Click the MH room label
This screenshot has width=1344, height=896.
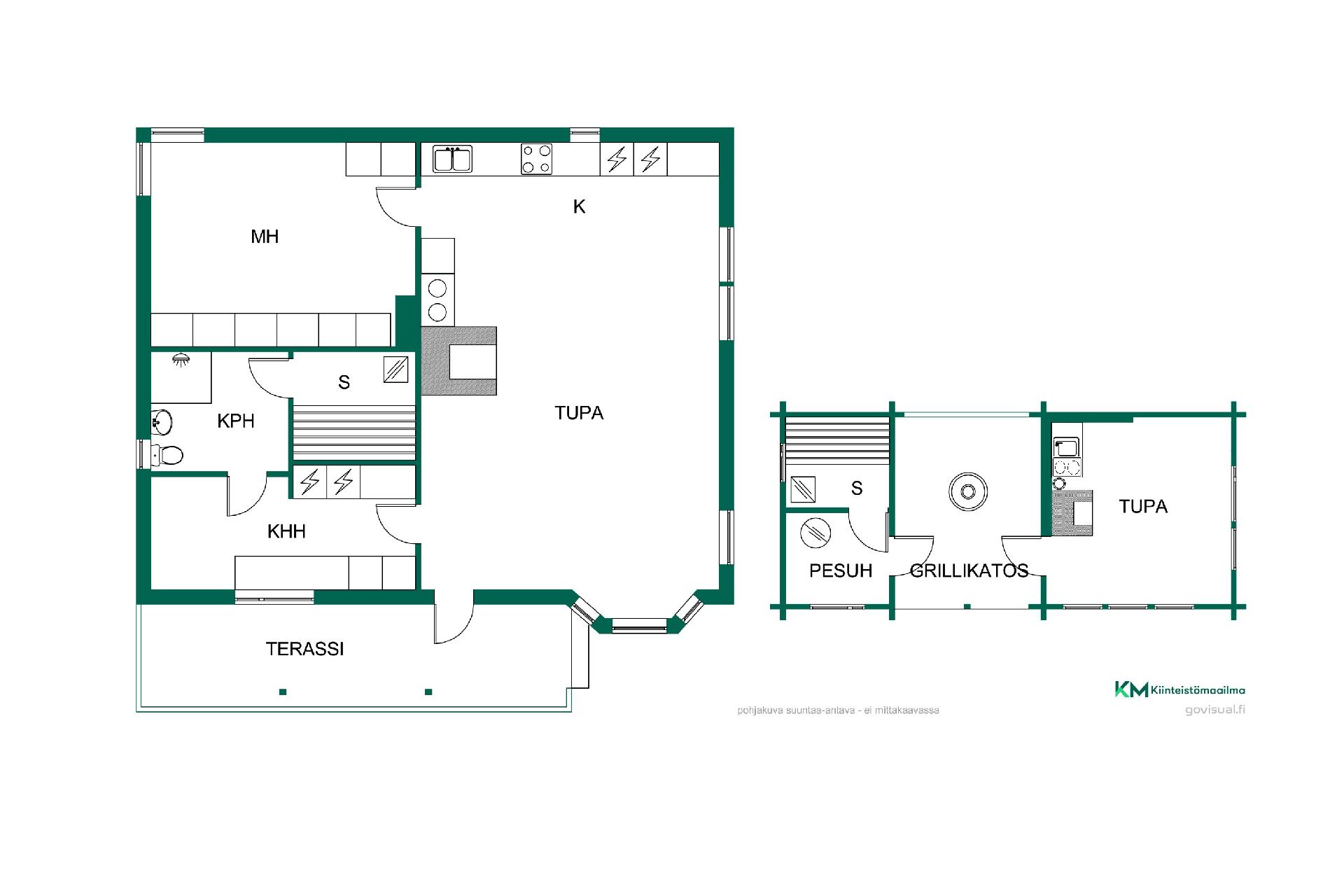point(265,237)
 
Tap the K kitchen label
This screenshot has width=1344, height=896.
point(579,206)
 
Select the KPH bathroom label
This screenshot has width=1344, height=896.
point(236,421)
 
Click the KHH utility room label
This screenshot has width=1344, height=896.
point(286,531)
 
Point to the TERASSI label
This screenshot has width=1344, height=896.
point(304,649)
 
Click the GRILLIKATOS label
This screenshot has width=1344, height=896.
point(969,570)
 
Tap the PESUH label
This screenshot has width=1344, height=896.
point(841,570)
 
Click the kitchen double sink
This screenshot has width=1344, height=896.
point(452,159)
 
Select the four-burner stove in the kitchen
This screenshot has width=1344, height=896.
point(536,159)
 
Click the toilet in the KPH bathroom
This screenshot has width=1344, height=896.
point(168,455)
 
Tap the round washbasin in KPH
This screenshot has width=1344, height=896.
point(162,421)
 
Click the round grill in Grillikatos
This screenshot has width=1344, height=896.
point(968,491)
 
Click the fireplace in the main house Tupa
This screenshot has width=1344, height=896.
point(458,361)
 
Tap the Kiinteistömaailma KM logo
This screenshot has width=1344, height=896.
point(1131,689)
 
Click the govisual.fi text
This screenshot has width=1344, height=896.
point(1215,710)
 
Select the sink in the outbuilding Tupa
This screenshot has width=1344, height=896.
point(1066,447)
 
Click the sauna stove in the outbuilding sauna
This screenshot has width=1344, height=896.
point(802,489)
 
